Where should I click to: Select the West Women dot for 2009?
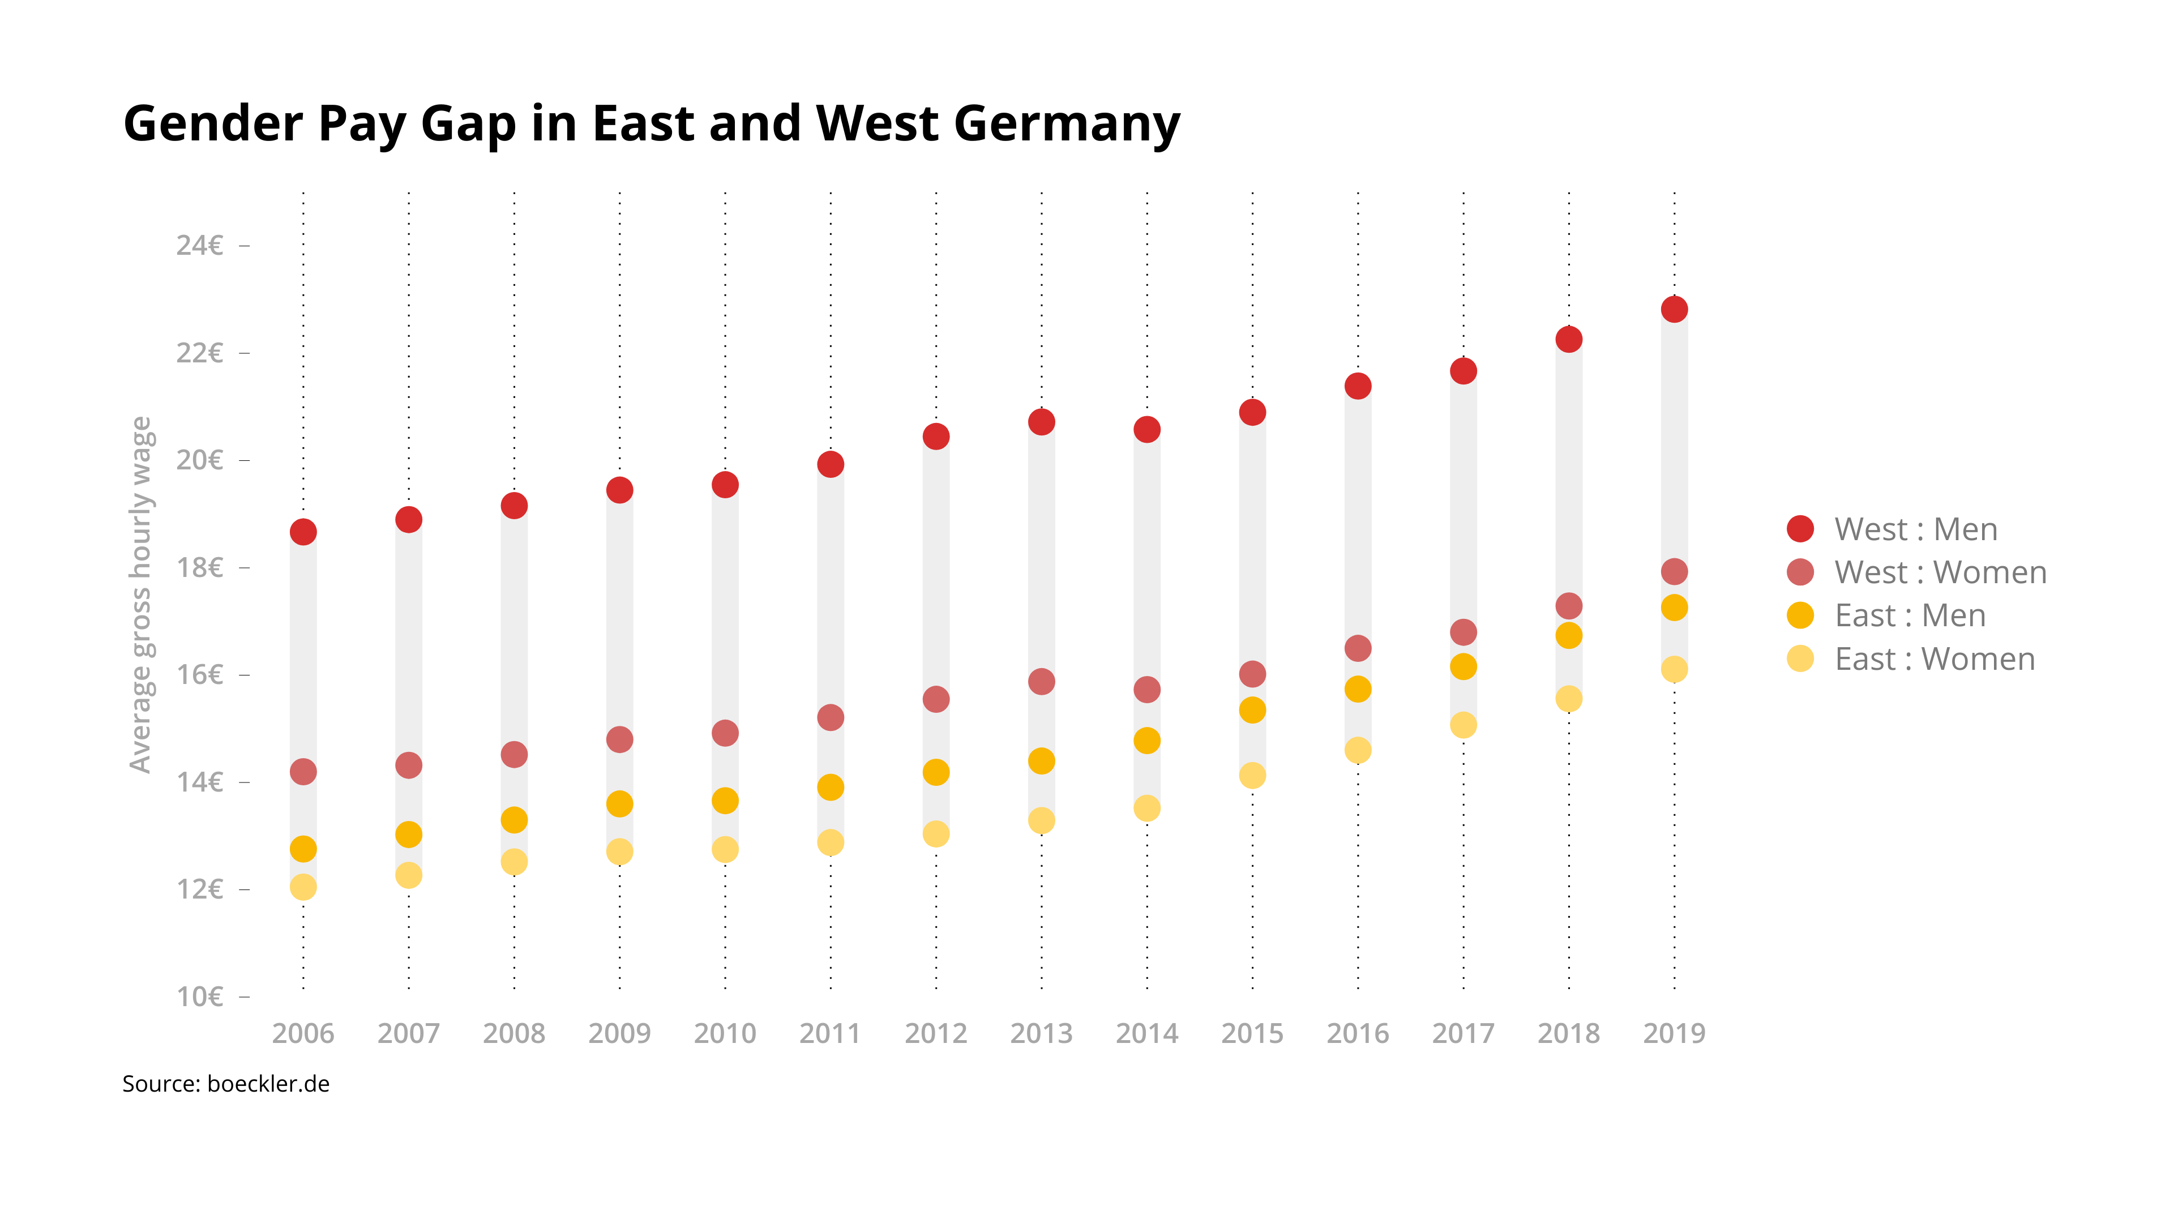pyautogui.click(x=619, y=739)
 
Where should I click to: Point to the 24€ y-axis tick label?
pyautogui.click(x=199, y=246)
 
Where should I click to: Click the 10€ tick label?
pyautogui.click(x=199, y=997)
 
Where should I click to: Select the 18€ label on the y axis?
pyautogui.click(x=199, y=567)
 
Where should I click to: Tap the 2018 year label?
pyautogui.click(x=1568, y=1033)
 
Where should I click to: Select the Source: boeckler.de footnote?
pyautogui.click(x=226, y=1084)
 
